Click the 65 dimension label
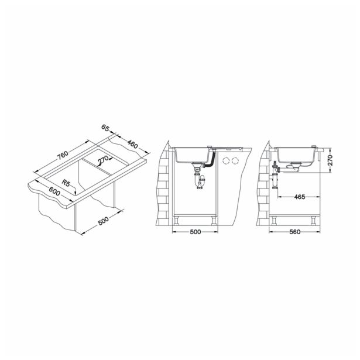point(105,128)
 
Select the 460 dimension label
point(132,144)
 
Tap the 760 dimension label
point(63,155)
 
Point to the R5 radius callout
point(66,183)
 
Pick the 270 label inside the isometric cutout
point(102,160)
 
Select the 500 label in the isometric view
point(103,221)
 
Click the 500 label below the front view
point(196,232)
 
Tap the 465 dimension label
point(300,197)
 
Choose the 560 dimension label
point(295,232)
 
